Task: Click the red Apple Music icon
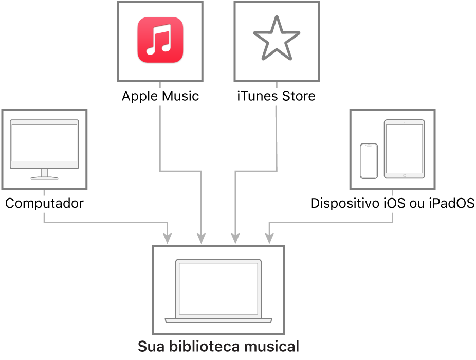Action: click(160, 40)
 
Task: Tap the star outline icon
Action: click(276, 39)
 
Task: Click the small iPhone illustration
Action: click(369, 161)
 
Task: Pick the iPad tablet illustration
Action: click(404, 149)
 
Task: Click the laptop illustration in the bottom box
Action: click(218, 291)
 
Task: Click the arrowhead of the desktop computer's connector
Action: click(167, 238)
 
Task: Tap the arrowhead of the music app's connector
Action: click(201, 238)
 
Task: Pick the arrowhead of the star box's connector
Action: click(235, 238)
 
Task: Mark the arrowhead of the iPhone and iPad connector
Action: click(269, 238)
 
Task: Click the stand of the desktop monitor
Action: click(44, 174)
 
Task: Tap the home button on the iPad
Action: click(404, 175)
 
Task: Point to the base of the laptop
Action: click(218, 320)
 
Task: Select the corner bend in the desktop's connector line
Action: click(45, 222)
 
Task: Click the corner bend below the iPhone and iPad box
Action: click(393, 222)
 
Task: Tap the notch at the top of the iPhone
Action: click(369, 146)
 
